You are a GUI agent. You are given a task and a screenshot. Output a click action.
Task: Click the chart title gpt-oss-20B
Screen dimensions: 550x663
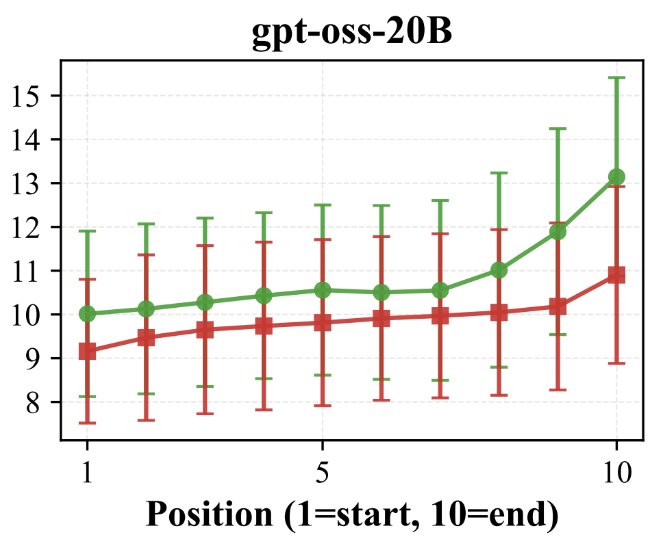point(351,33)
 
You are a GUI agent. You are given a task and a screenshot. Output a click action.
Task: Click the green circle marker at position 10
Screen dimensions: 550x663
point(616,176)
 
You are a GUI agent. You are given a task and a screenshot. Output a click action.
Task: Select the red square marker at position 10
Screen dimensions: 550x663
point(616,275)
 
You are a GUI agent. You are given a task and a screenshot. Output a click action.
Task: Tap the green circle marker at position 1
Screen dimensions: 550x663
point(87,314)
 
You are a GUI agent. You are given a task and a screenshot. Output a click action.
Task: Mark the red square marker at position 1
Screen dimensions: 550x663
point(87,352)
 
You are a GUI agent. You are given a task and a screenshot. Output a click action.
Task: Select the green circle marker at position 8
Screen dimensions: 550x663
point(499,270)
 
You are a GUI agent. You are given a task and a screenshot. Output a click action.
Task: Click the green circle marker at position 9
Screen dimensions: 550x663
point(558,231)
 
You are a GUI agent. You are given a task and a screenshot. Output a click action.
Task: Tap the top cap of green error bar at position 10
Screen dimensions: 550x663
point(616,78)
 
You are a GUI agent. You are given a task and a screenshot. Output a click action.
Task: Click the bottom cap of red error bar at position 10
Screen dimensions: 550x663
point(616,363)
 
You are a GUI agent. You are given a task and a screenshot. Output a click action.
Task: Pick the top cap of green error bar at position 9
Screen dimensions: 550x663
point(558,129)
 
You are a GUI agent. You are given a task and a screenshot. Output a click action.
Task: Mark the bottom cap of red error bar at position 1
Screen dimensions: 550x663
point(87,423)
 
